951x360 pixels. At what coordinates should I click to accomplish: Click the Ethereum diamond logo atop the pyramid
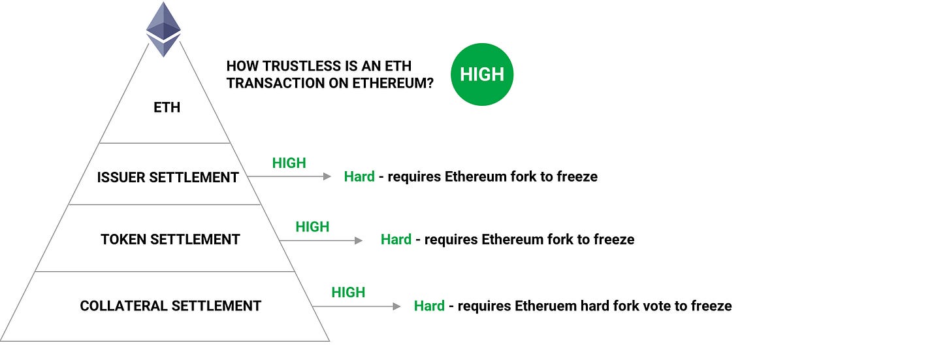[x=163, y=29]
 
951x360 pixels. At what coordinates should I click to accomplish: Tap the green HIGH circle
[x=482, y=74]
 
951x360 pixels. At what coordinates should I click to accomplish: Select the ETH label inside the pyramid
[x=167, y=107]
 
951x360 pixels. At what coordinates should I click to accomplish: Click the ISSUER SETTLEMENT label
[x=168, y=178]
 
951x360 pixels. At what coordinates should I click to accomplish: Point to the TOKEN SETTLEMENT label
[x=170, y=239]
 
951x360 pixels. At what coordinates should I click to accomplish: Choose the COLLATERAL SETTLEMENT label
[x=170, y=306]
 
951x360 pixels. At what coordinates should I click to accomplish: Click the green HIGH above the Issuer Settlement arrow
[x=289, y=163]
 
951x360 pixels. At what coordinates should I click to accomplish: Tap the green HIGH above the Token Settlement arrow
[x=312, y=227]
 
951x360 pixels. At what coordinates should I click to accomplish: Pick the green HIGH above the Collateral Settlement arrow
[x=348, y=293]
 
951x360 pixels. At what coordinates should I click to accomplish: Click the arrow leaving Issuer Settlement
[x=289, y=176]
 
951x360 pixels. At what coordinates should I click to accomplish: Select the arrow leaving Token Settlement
[x=321, y=240]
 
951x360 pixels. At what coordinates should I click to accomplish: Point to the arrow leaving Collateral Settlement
[x=357, y=306]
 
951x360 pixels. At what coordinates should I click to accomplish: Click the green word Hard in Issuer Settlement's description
[x=359, y=176]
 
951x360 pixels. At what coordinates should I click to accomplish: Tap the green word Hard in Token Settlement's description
[x=396, y=239]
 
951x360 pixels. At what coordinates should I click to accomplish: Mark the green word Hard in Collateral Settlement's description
[x=429, y=306]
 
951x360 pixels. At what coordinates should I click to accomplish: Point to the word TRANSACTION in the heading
[x=276, y=83]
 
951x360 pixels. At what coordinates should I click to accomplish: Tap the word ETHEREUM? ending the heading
[x=393, y=83]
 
